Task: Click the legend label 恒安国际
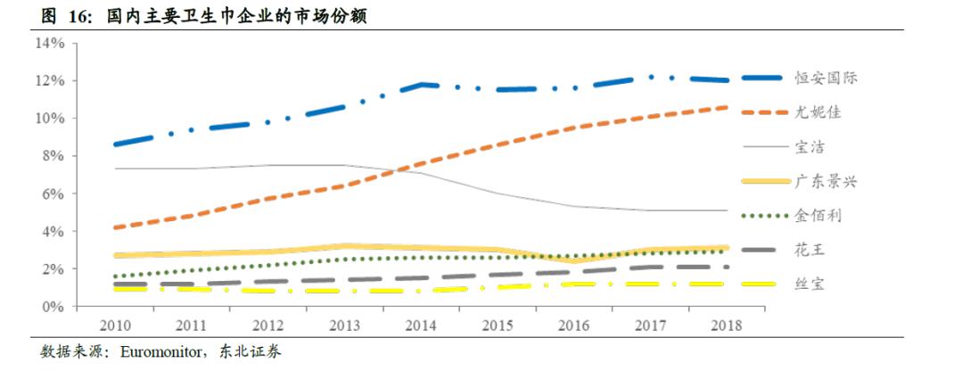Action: pos(826,78)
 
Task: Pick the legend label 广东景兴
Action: pos(826,181)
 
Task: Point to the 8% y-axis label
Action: pos(54,156)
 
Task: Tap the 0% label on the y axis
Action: pos(54,307)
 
